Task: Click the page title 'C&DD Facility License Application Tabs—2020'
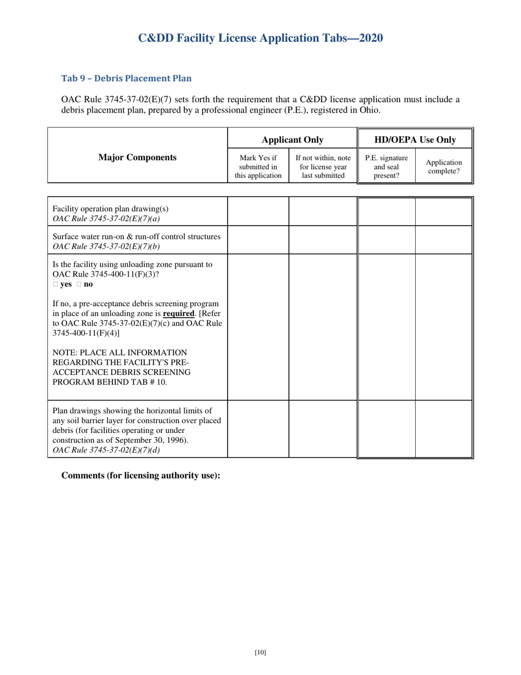click(x=260, y=38)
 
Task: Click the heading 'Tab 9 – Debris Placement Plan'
click(x=126, y=78)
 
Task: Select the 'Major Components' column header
click(x=137, y=157)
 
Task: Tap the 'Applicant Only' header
click(x=292, y=140)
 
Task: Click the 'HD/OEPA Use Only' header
click(x=415, y=140)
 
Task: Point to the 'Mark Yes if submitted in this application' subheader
click(x=258, y=167)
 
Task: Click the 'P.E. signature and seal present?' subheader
click(x=386, y=167)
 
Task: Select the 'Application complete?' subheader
click(x=444, y=167)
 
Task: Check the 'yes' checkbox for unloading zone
click(x=55, y=284)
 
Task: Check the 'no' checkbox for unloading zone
click(x=79, y=284)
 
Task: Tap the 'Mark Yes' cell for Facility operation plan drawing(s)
click(x=258, y=211)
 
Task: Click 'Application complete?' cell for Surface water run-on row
click(x=444, y=240)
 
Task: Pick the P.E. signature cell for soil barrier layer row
click(x=386, y=429)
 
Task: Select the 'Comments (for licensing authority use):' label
click(x=140, y=475)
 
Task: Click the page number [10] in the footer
click(x=260, y=652)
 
